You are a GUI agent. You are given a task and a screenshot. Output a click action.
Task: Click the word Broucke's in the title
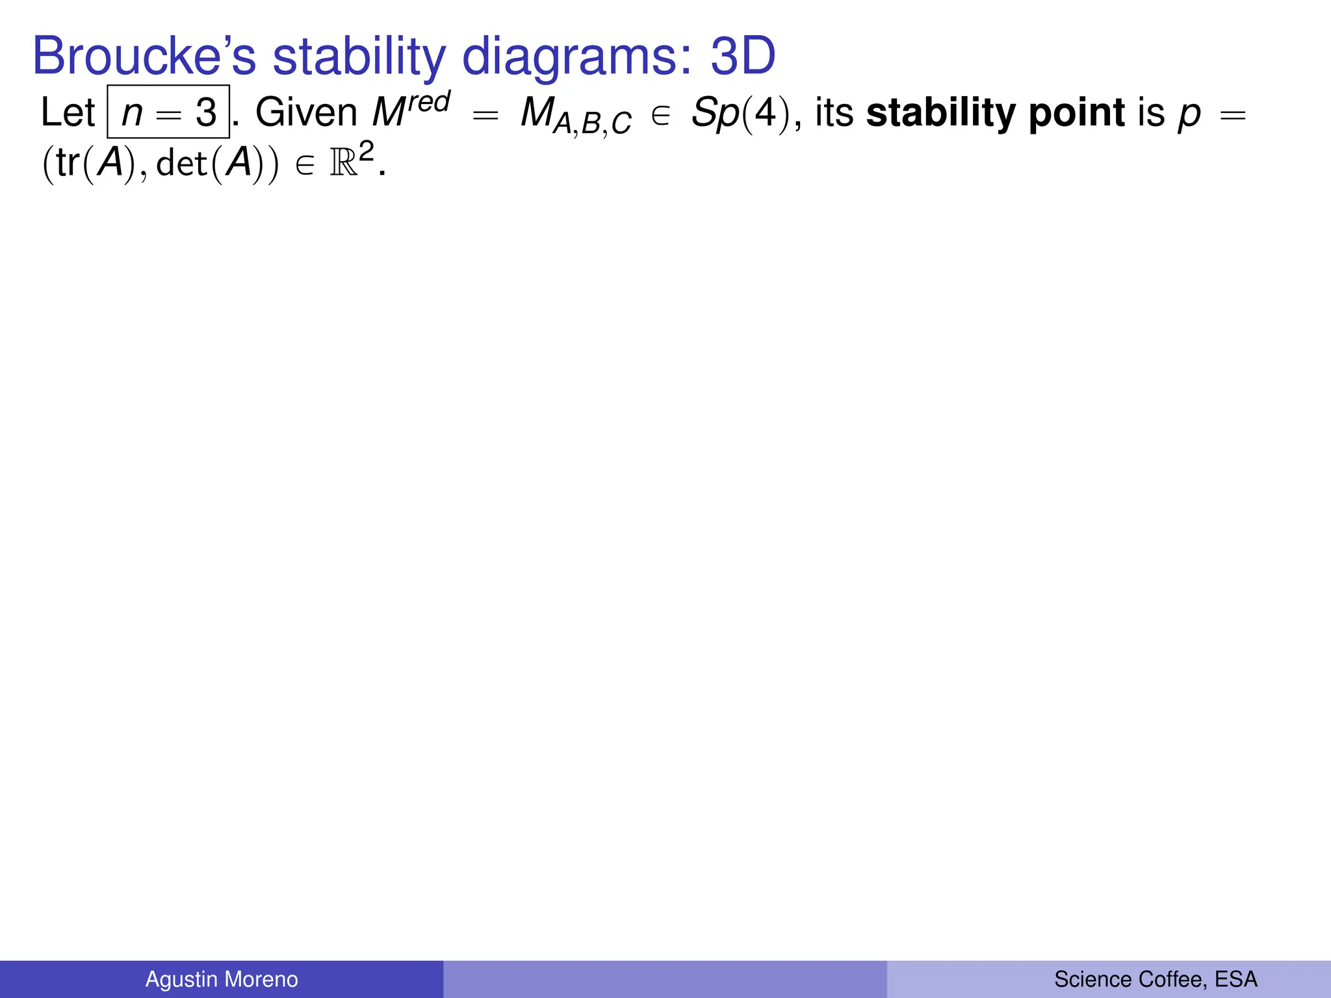coord(144,57)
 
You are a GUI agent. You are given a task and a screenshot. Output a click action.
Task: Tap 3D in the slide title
coord(742,57)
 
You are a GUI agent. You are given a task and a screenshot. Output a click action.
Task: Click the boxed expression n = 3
coord(168,112)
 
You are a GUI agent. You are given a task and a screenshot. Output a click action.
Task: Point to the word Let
coord(68,112)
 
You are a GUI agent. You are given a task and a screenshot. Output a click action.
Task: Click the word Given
coord(306,112)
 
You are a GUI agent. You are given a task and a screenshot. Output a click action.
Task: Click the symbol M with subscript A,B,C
coord(576,116)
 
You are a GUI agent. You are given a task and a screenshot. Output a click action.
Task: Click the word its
coord(834,112)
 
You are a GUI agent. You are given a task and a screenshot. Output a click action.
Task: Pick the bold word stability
coord(941,112)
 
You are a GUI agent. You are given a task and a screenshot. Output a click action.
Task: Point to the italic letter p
coord(1189,115)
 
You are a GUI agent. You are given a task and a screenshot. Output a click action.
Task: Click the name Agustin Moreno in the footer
coord(222,979)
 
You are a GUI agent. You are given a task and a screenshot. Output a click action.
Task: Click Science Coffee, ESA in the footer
coord(1156,979)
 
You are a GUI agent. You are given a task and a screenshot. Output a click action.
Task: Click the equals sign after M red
coord(485,116)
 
